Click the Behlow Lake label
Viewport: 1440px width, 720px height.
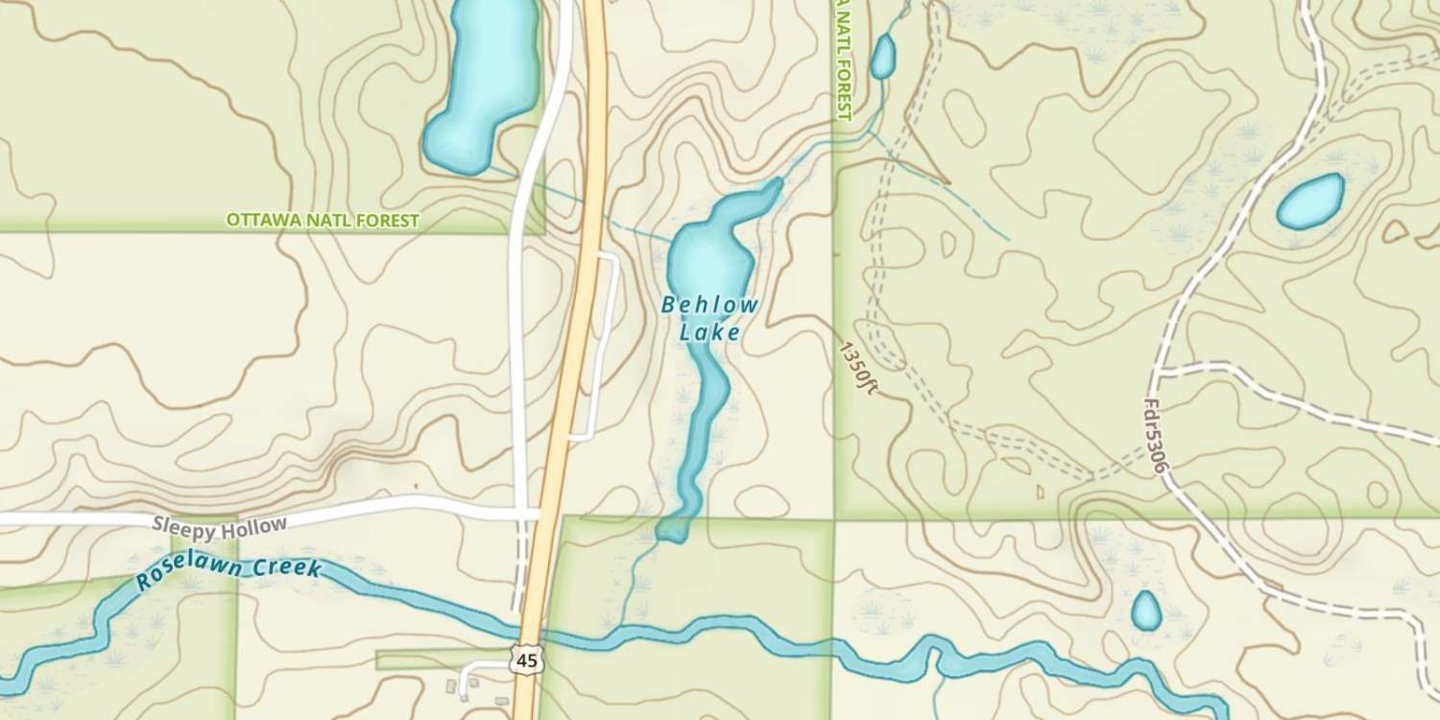[x=710, y=319]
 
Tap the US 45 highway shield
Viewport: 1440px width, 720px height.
[x=524, y=660]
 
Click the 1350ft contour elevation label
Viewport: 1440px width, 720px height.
[x=857, y=368]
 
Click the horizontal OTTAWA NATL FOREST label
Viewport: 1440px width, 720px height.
[x=323, y=221]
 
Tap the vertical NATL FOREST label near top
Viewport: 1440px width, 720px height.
[x=843, y=60]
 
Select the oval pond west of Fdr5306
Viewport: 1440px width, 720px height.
[x=1310, y=202]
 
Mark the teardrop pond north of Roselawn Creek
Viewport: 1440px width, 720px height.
[x=1145, y=612]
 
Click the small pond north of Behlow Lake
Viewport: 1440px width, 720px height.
[x=882, y=57]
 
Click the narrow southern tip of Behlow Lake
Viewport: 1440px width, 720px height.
[x=674, y=529]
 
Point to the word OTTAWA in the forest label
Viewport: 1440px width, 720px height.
[x=258, y=221]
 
